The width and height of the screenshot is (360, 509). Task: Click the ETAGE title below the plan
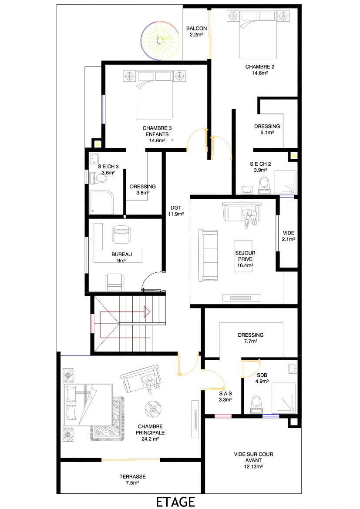(x=175, y=502)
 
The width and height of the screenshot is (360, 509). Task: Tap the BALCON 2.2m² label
(x=196, y=31)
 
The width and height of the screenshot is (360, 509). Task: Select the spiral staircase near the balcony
(x=160, y=40)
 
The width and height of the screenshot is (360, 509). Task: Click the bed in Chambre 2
(x=258, y=34)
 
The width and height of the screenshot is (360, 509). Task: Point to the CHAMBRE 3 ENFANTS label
(x=157, y=134)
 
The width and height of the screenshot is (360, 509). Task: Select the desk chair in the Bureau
(x=122, y=234)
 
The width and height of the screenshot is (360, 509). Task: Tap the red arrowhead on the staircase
(x=147, y=312)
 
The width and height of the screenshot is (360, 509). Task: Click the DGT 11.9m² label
(x=176, y=211)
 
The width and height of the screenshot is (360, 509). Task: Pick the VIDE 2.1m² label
(x=289, y=236)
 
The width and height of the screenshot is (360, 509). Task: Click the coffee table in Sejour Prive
(x=243, y=256)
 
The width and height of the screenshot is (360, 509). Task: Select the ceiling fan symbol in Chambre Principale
(x=153, y=409)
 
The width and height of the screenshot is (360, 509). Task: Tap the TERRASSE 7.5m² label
(x=133, y=480)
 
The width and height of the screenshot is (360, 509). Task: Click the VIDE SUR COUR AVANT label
(x=253, y=460)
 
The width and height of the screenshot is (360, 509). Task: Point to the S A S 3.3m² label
(x=225, y=396)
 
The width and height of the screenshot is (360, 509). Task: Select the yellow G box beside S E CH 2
(x=294, y=156)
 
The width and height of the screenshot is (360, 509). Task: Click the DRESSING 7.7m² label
(x=250, y=338)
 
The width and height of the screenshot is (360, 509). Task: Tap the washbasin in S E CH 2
(x=248, y=190)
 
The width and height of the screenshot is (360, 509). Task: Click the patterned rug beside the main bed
(x=108, y=419)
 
